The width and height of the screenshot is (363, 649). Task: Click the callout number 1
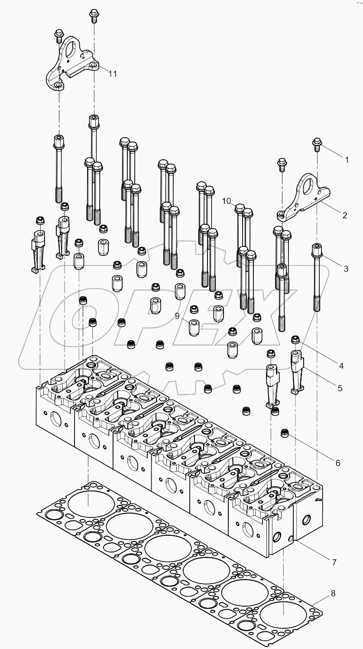[x=346, y=160]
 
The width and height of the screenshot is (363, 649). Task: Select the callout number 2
[x=344, y=215]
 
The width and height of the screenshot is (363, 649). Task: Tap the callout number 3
[x=346, y=269]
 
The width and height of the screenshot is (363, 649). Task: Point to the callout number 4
[x=341, y=366]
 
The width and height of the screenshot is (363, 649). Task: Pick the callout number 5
[x=340, y=388]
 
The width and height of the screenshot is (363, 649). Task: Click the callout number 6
[x=337, y=463]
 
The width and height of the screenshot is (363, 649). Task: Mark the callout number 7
[x=334, y=562]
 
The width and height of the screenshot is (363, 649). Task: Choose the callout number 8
[x=333, y=593]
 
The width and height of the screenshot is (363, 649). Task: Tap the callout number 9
[x=177, y=316]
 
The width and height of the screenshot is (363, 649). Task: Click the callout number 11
[x=112, y=74]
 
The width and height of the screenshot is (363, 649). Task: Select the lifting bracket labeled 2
[x=303, y=199]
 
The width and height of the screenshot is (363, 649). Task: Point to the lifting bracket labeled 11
[x=71, y=65]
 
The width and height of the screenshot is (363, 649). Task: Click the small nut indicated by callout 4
[x=295, y=340]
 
